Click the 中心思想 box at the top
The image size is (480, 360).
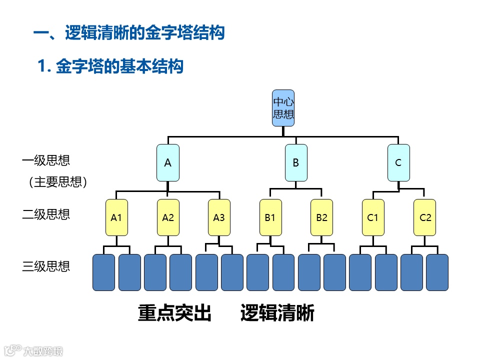pyautogui.click(x=283, y=108)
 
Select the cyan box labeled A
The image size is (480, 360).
pyautogui.click(x=168, y=162)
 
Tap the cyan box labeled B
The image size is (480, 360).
pyautogui.click(x=296, y=162)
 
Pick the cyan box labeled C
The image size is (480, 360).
pyautogui.click(x=398, y=162)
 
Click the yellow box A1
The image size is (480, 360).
pyautogui.click(x=116, y=217)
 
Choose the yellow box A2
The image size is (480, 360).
pyautogui.click(x=168, y=217)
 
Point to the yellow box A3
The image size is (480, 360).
pyautogui.click(x=219, y=217)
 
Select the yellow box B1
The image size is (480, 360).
pyautogui.click(x=270, y=217)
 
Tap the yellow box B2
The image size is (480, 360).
pyautogui.click(x=321, y=217)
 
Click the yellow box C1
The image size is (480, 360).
pyautogui.click(x=373, y=217)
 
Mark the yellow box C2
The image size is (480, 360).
pyautogui.click(x=424, y=217)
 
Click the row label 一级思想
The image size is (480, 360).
pyautogui.click(x=46, y=160)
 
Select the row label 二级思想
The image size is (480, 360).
pyautogui.click(x=46, y=214)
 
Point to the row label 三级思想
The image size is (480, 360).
pyautogui.click(x=46, y=266)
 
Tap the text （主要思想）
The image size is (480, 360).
pyautogui.click(x=58, y=182)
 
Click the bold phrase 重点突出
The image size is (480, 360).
pyautogui.click(x=174, y=313)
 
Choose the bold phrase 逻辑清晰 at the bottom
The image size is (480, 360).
pyautogui.click(x=277, y=313)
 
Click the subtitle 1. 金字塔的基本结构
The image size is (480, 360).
pyautogui.click(x=110, y=66)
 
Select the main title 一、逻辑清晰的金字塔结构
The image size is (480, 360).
pyautogui.click(x=128, y=33)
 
